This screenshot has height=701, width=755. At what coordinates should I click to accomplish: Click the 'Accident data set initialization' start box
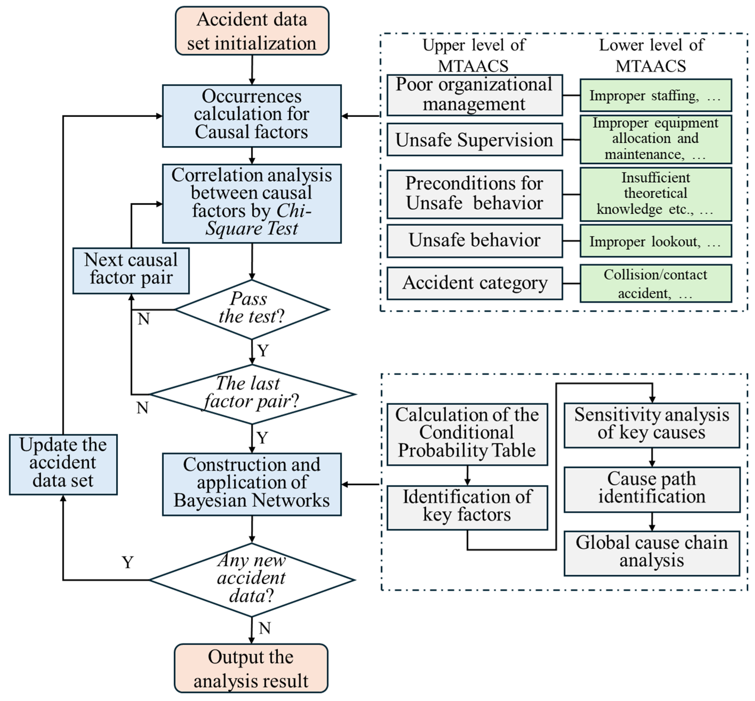[x=252, y=31]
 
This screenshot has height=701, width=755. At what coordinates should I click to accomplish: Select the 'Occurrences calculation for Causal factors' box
[x=252, y=116]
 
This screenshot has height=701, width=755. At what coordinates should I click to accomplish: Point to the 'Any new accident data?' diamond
[x=252, y=579]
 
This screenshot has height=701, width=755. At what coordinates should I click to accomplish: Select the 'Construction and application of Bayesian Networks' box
[x=252, y=484]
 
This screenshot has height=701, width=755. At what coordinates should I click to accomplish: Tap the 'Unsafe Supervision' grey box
[x=474, y=140]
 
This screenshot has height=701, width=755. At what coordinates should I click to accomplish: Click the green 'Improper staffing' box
[x=655, y=95]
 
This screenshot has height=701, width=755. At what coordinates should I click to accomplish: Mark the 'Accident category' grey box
[x=474, y=283]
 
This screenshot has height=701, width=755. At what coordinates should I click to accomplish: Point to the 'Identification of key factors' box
[x=467, y=508]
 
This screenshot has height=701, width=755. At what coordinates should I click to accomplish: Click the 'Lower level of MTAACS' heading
[x=651, y=55]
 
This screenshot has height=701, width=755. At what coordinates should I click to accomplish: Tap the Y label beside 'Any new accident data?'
[x=128, y=562]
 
